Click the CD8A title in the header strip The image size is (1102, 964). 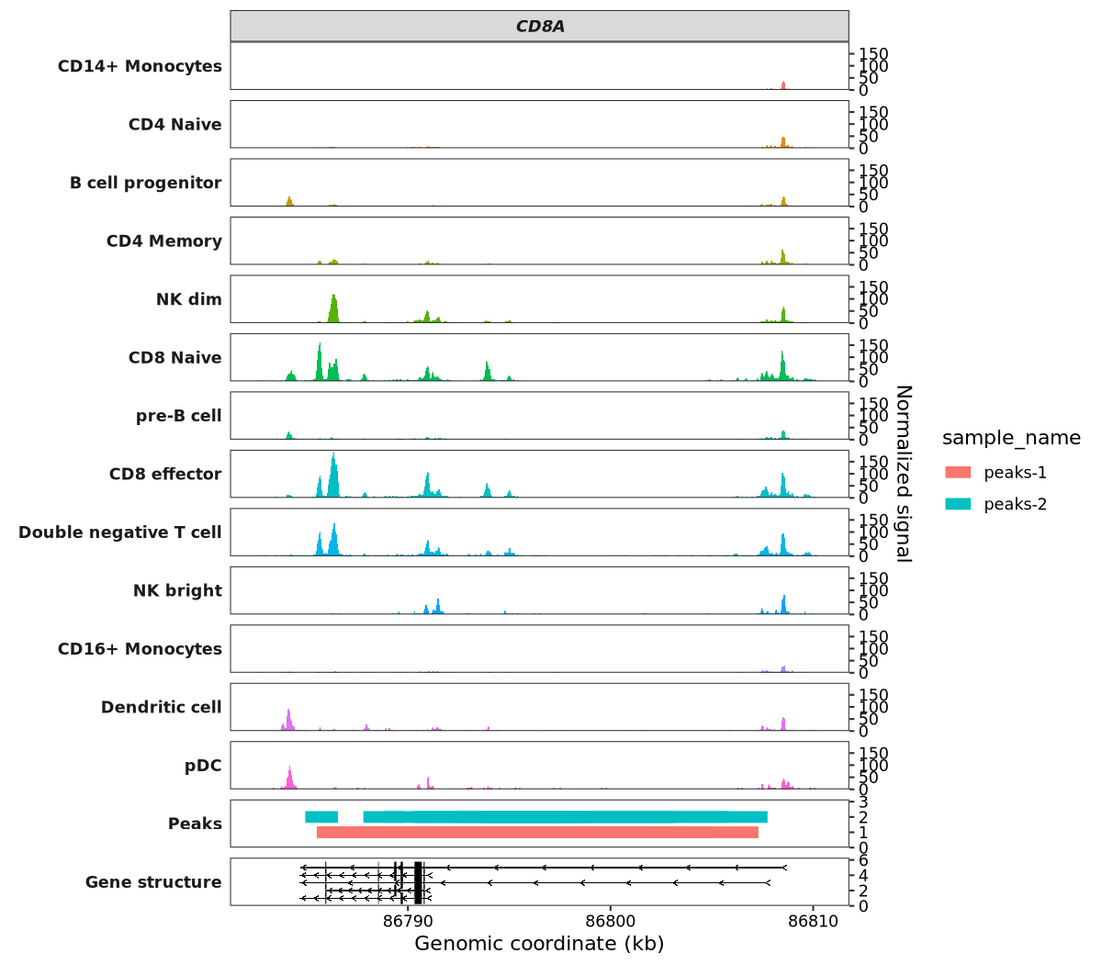click(540, 27)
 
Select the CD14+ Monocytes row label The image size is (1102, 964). click(140, 66)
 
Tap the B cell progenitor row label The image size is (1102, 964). click(145, 183)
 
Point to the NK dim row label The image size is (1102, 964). click(188, 299)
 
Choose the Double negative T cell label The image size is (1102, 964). click(119, 532)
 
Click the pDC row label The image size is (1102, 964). click(203, 766)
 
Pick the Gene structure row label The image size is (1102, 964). click(153, 882)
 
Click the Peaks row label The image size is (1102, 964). click(195, 824)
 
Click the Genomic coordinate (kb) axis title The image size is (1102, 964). click(539, 944)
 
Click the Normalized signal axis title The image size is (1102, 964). click(904, 473)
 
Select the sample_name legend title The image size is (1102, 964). click(1011, 438)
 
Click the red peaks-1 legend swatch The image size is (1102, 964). click(958, 473)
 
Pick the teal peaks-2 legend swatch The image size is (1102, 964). click(958, 504)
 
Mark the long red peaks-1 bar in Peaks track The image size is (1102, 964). click(537, 833)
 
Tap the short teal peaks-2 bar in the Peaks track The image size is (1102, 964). click(321, 817)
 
